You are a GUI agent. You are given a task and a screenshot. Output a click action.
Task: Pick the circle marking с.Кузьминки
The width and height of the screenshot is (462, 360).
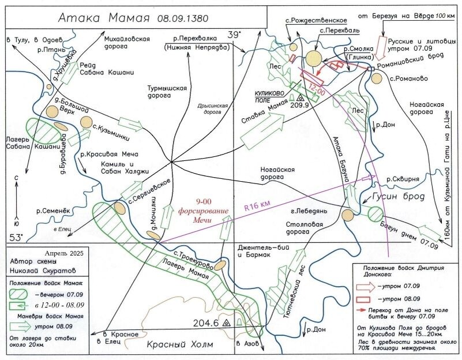87,122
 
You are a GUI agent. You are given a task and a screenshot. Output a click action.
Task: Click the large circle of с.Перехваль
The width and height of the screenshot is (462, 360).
314,59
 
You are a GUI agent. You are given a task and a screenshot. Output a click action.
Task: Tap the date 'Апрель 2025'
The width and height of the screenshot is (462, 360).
63,253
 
